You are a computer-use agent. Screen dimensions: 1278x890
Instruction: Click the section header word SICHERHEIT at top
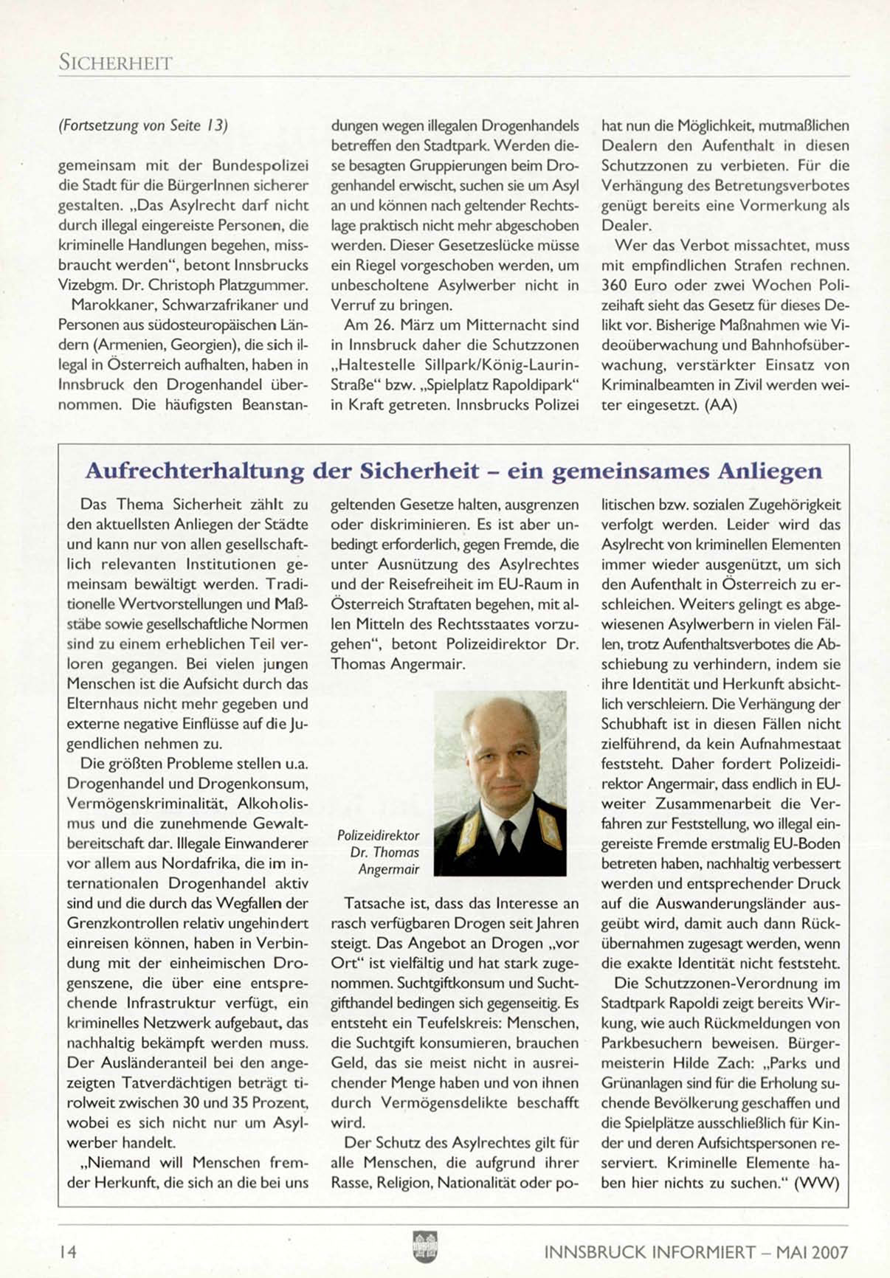[x=115, y=63]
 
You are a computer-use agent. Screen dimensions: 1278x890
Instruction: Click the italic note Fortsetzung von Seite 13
[x=142, y=125]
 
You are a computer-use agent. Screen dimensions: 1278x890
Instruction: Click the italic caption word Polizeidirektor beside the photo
[x=378, y=835]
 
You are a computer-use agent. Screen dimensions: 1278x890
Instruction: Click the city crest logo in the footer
[x=425, y=1248]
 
